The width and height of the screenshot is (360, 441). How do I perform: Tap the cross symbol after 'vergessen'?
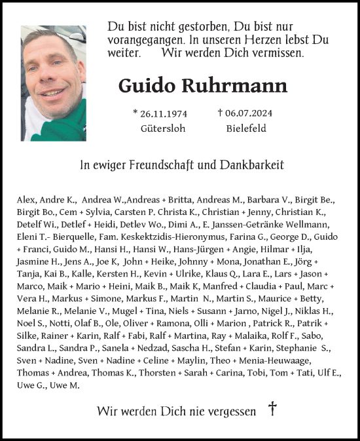272,410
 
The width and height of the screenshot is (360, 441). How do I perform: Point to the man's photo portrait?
54,83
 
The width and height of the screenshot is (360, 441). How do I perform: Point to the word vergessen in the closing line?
230,412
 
